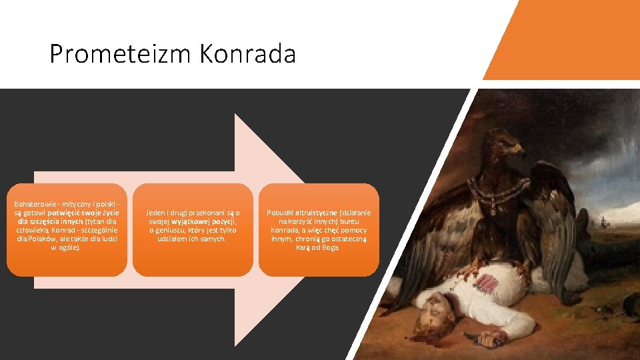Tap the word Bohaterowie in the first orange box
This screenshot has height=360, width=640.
click(35, 202)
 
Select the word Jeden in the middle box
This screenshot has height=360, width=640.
click(157, 213)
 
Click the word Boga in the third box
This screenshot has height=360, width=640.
click(331, 247)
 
